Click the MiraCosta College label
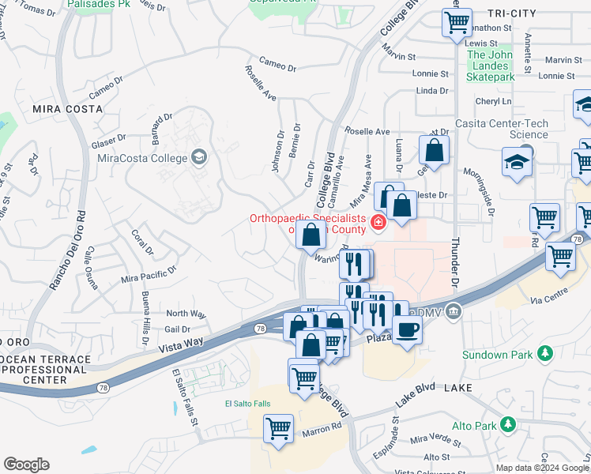(x=142, y=157)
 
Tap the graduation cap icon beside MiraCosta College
(x=198, y=156)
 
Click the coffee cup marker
(x=407, y=328)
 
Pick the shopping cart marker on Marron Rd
(x=278, y=429)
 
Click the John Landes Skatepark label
(x=491, y=66)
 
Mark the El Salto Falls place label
(x=247, y=404)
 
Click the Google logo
(x=26, y=464)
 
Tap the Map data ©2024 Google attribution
(x=540, y=468)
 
